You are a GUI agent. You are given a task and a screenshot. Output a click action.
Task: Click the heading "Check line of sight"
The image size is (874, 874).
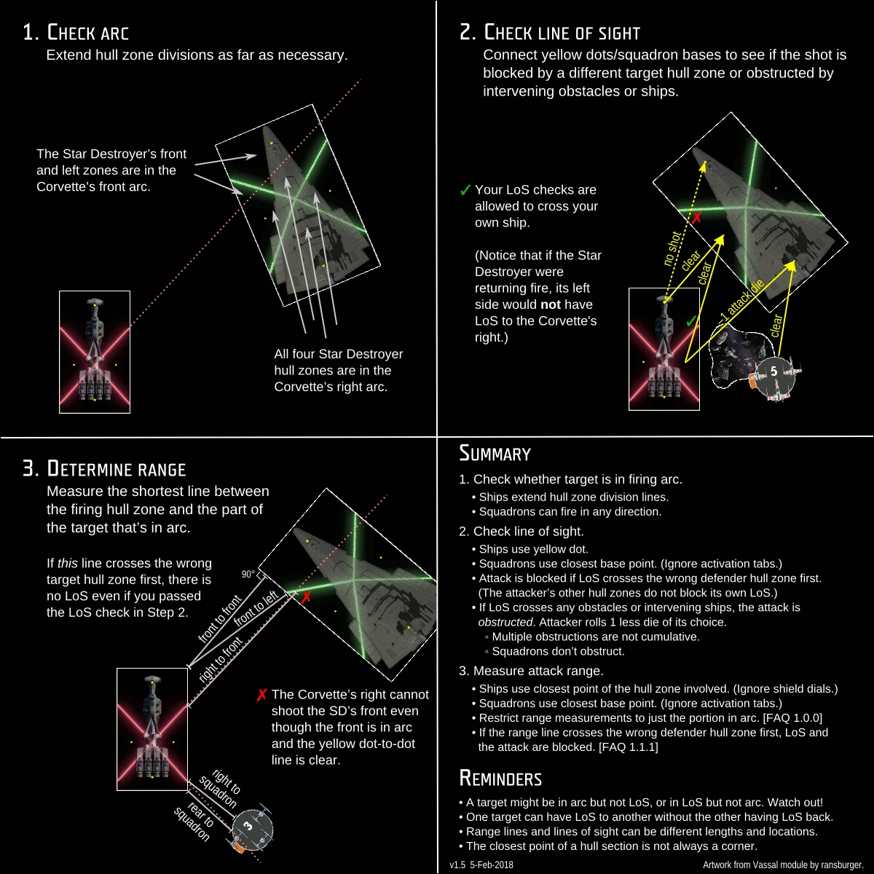(x=550, y=33)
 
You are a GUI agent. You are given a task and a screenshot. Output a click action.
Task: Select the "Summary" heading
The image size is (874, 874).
(x=495, y=454)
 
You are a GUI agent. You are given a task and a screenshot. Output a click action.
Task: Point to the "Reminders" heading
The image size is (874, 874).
(x=500, y=779)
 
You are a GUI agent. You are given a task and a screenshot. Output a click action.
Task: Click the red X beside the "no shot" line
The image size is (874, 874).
(x=696, y=217)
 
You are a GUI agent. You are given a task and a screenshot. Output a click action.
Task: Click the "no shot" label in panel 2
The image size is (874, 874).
(x=672, y=248)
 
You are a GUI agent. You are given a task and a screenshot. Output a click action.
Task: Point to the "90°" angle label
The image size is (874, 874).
(x=249, y=575)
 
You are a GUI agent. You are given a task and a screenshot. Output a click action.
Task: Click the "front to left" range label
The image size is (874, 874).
(x=256, y=609)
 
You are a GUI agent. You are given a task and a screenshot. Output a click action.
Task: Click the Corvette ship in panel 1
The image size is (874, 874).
(x=95, y=352)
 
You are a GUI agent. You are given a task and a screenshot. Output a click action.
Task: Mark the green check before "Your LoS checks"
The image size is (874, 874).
(x=465, y=191)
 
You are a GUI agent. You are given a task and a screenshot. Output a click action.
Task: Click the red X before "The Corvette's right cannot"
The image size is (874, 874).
(x=261, y=696)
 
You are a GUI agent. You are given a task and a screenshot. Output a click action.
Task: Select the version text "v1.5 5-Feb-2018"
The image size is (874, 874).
(x=481, y=865)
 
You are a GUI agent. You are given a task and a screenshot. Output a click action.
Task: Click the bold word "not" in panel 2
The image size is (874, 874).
(x=551, y=304)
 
